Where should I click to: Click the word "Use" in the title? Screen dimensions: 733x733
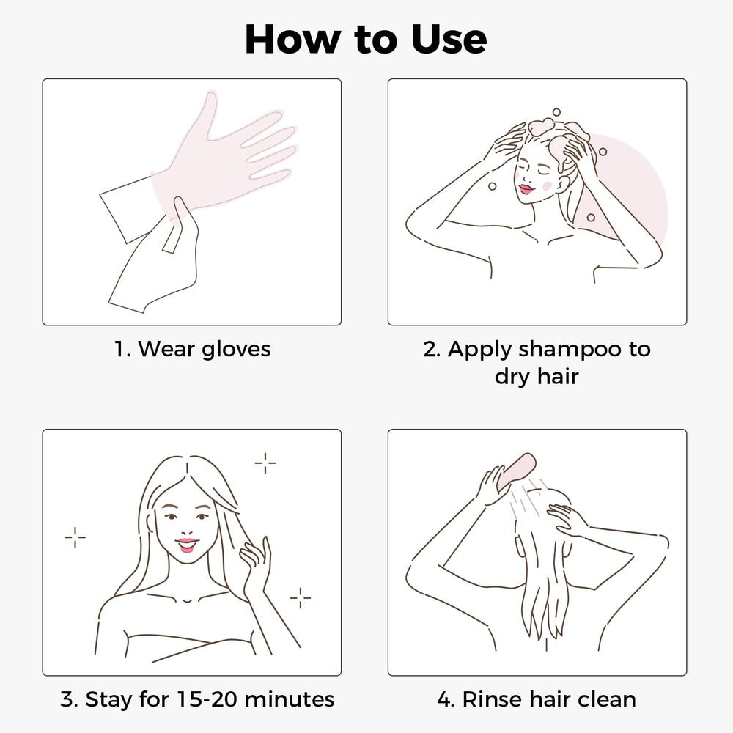click(x=449, y=40)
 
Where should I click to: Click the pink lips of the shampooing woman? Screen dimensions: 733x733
click(x=526, y=189)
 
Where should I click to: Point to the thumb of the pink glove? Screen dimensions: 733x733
click(x=209, y=114)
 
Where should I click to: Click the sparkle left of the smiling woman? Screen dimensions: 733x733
click(x=75, y=537)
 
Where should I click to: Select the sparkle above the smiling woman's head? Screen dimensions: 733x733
click(x=265, y=463)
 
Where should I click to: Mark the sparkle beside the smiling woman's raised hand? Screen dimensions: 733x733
click(x=300, y=597)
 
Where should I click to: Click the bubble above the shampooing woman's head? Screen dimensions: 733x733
click(x=556, y=112)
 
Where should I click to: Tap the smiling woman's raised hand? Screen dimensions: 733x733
click(x=255, y=563)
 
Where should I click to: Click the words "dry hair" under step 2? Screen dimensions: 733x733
click(x=537, y=376)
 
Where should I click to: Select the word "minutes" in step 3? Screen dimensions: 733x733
click(x=289, y=699)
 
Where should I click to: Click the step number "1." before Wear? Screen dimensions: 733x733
click(x=122, y=349)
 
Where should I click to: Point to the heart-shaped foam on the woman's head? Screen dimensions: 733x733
click(x=541, y=127)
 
